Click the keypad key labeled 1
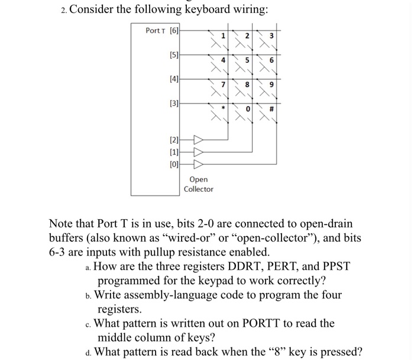223,36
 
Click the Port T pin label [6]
174,30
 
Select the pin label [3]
174,104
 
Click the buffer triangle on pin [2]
198,140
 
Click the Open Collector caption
198,184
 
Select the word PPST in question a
333,266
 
